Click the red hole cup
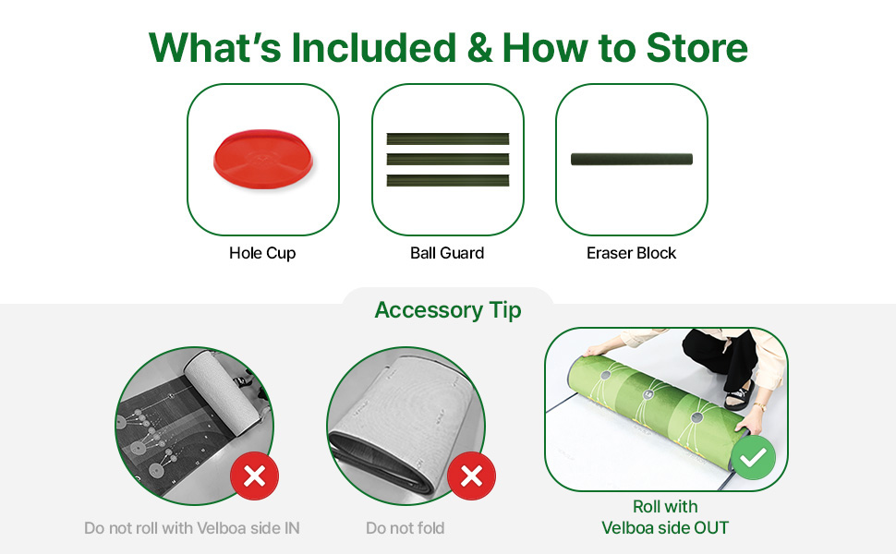pyautogui.click(x=263, y=160)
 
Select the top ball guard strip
pyautogui.click(x=447, y=138)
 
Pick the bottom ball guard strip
pyautogui.click(x=447, y=180)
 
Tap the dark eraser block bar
pyautogui.click(x=632, y=160)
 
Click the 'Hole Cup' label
pyautogui.click(x=262, y=253)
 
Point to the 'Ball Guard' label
pyautogui.click(x=447, y=253)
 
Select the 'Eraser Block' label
pyautogui.click(x=631, y=253)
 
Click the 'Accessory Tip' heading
pyautogui.click(x=448, y=310)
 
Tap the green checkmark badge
pyautogui.click(x=753, y=457)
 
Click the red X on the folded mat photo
pyautogui.click(x=471, y=476)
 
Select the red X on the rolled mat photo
pyautogui.click(x=254, y=476)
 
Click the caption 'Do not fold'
pyautogui.click(x=406, y=528)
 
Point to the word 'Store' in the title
pyautogui.click(x=696, y=47)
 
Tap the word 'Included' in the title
pyautogui.click(x=374, y=47)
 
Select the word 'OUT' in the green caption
pyautogui.click(x=711, y=528)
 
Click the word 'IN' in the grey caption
pyautogui.click(x=291, y=528)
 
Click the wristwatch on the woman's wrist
pyautogui.click(x=759, y=407)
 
